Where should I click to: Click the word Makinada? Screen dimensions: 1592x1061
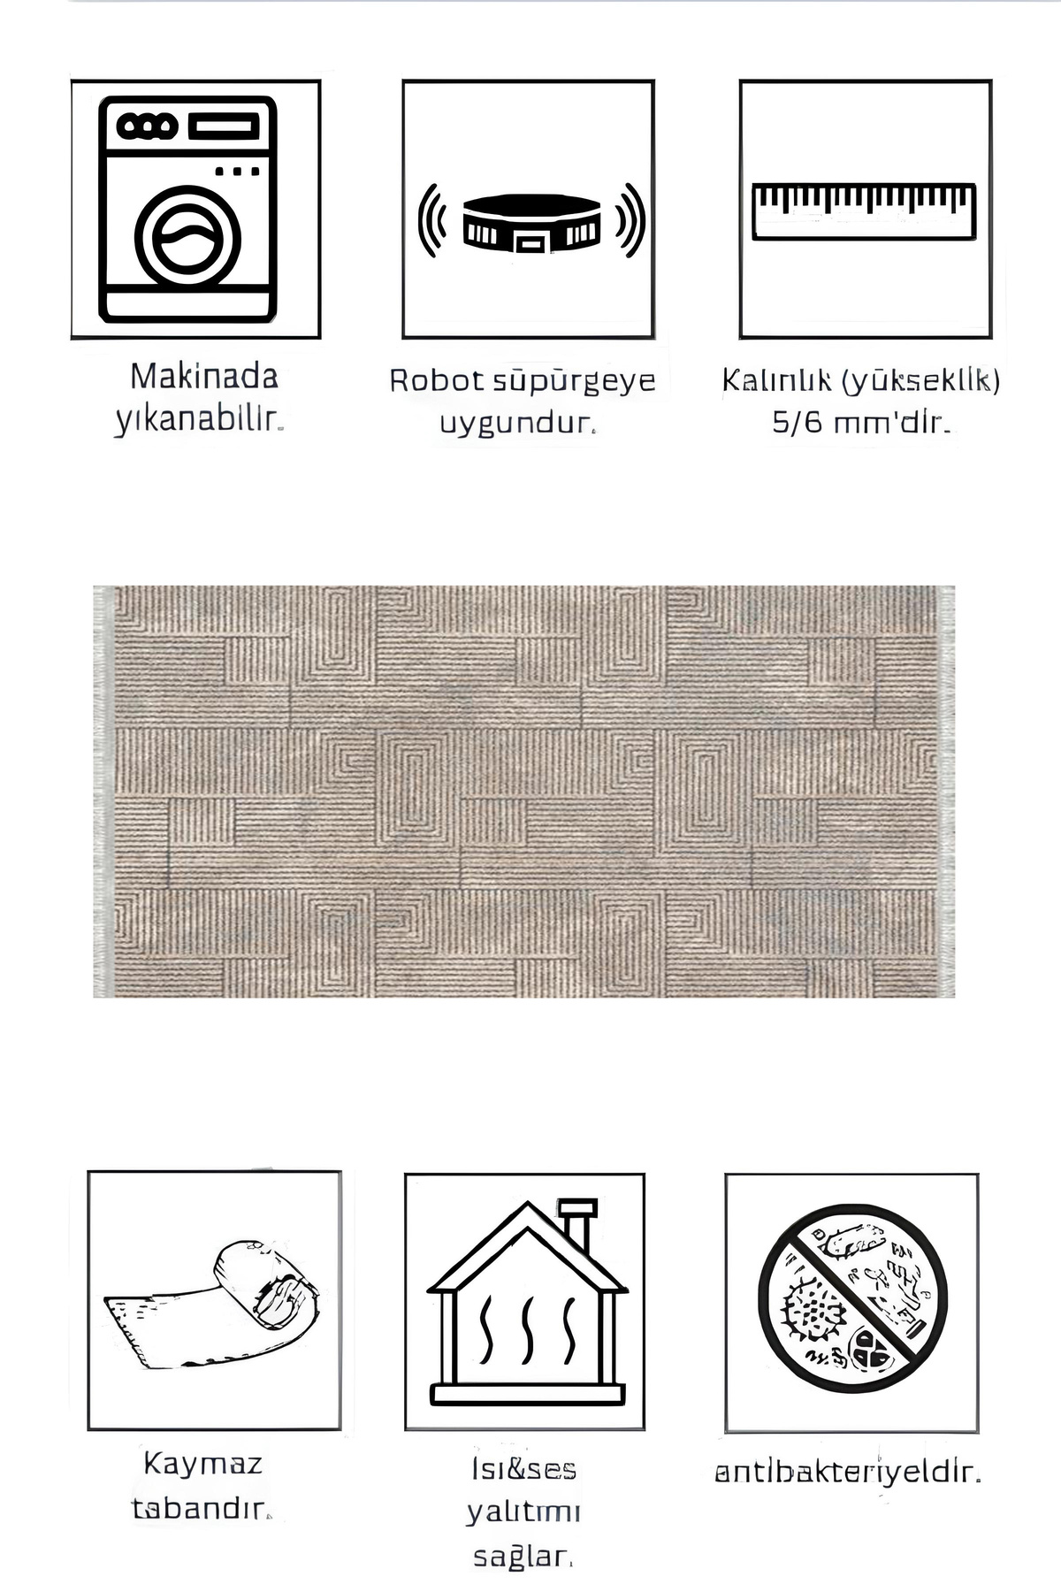204,377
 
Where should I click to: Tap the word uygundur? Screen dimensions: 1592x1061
518,423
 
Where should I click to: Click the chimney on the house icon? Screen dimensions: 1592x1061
578,1223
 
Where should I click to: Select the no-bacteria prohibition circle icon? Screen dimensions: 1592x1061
852,1298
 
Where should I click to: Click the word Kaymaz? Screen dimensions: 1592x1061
203,1464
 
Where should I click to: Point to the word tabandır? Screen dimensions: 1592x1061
201,1508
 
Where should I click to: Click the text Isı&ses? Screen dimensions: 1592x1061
523,1469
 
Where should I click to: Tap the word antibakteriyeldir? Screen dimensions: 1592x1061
847,1473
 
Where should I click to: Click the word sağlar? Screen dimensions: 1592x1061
523,1557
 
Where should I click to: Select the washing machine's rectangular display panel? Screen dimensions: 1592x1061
223,126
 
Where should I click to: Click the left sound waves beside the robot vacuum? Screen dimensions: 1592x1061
430,221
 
